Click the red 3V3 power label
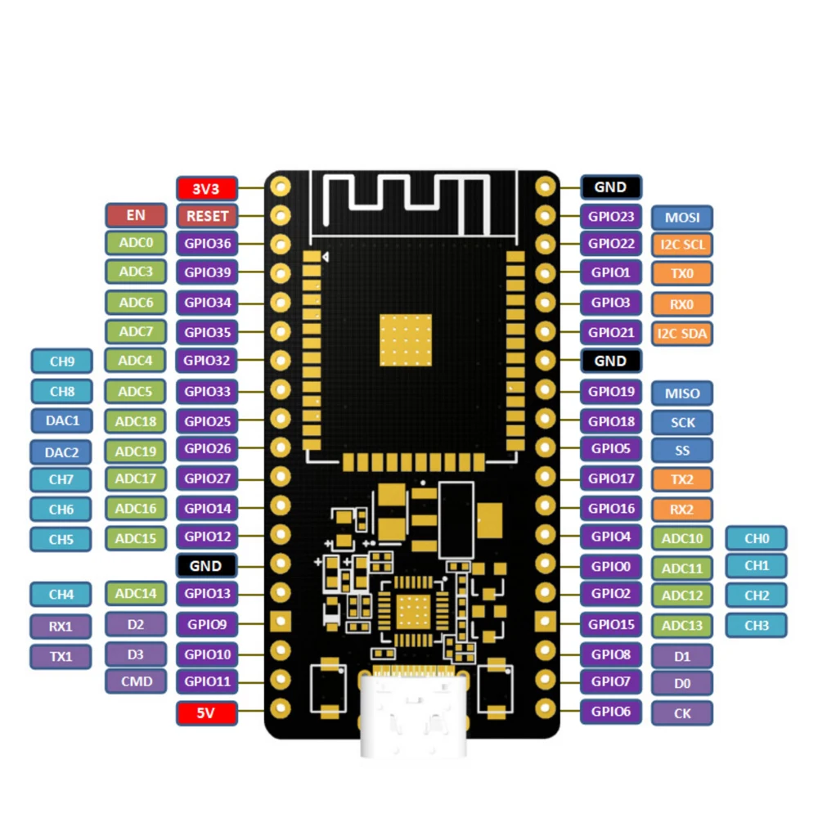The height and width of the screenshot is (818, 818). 207,188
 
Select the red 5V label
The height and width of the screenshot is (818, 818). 207,713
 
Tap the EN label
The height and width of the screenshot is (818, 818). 136,216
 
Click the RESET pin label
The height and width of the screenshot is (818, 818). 207,216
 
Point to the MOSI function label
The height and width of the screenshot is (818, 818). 682,218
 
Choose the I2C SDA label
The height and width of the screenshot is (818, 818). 682,334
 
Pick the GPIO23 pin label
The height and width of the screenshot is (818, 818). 611,217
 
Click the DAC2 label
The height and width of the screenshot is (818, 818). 61,452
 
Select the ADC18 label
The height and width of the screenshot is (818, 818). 136,421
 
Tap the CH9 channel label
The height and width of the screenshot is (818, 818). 61,361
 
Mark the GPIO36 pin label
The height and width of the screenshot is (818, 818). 207,244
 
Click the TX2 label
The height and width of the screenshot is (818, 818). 682,479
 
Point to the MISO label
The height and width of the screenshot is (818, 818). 682,393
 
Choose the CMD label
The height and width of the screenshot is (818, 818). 136,681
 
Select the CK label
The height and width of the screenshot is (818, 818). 682,713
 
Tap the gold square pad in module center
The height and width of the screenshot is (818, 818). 405,339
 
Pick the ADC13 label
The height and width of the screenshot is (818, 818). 682,626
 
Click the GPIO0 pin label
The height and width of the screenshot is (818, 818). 611,565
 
